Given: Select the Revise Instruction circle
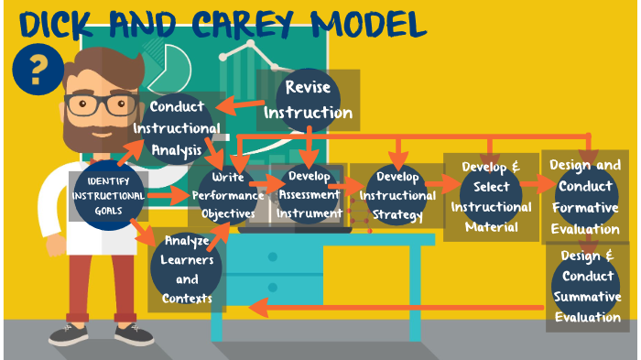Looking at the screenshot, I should tap(308, 100).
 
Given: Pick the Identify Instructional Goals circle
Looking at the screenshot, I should tap(108, 193).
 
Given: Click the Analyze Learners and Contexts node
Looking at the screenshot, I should tap(187, 269).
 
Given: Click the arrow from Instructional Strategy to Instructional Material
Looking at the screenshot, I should tap(444, 183).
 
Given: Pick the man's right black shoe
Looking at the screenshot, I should tap(136, 335).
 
